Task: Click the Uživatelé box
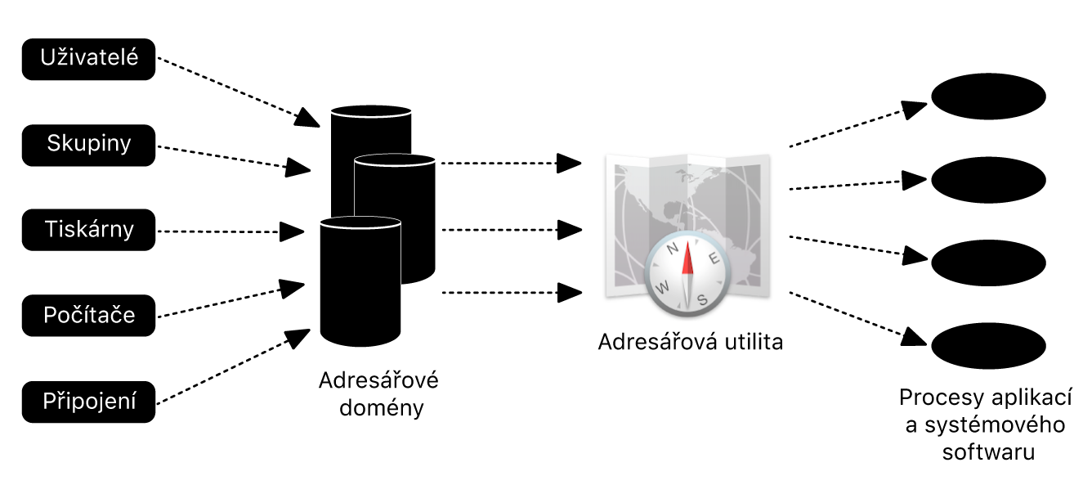[x=88, y=59]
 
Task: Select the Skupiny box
[x=88, y=145]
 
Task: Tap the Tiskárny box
[x=88, y=230]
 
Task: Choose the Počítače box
[x=88, y=315]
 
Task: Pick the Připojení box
[x=88, y=402]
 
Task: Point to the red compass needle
[x=687, y=260]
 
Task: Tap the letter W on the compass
[x=663, y=286]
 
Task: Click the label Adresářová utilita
[x=690, y=342]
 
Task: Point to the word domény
[x=378, y=406]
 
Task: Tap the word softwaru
[x=988, y=451]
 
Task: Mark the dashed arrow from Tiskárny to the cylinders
[x=229, y=231]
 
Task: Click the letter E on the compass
[x=713, y=260]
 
